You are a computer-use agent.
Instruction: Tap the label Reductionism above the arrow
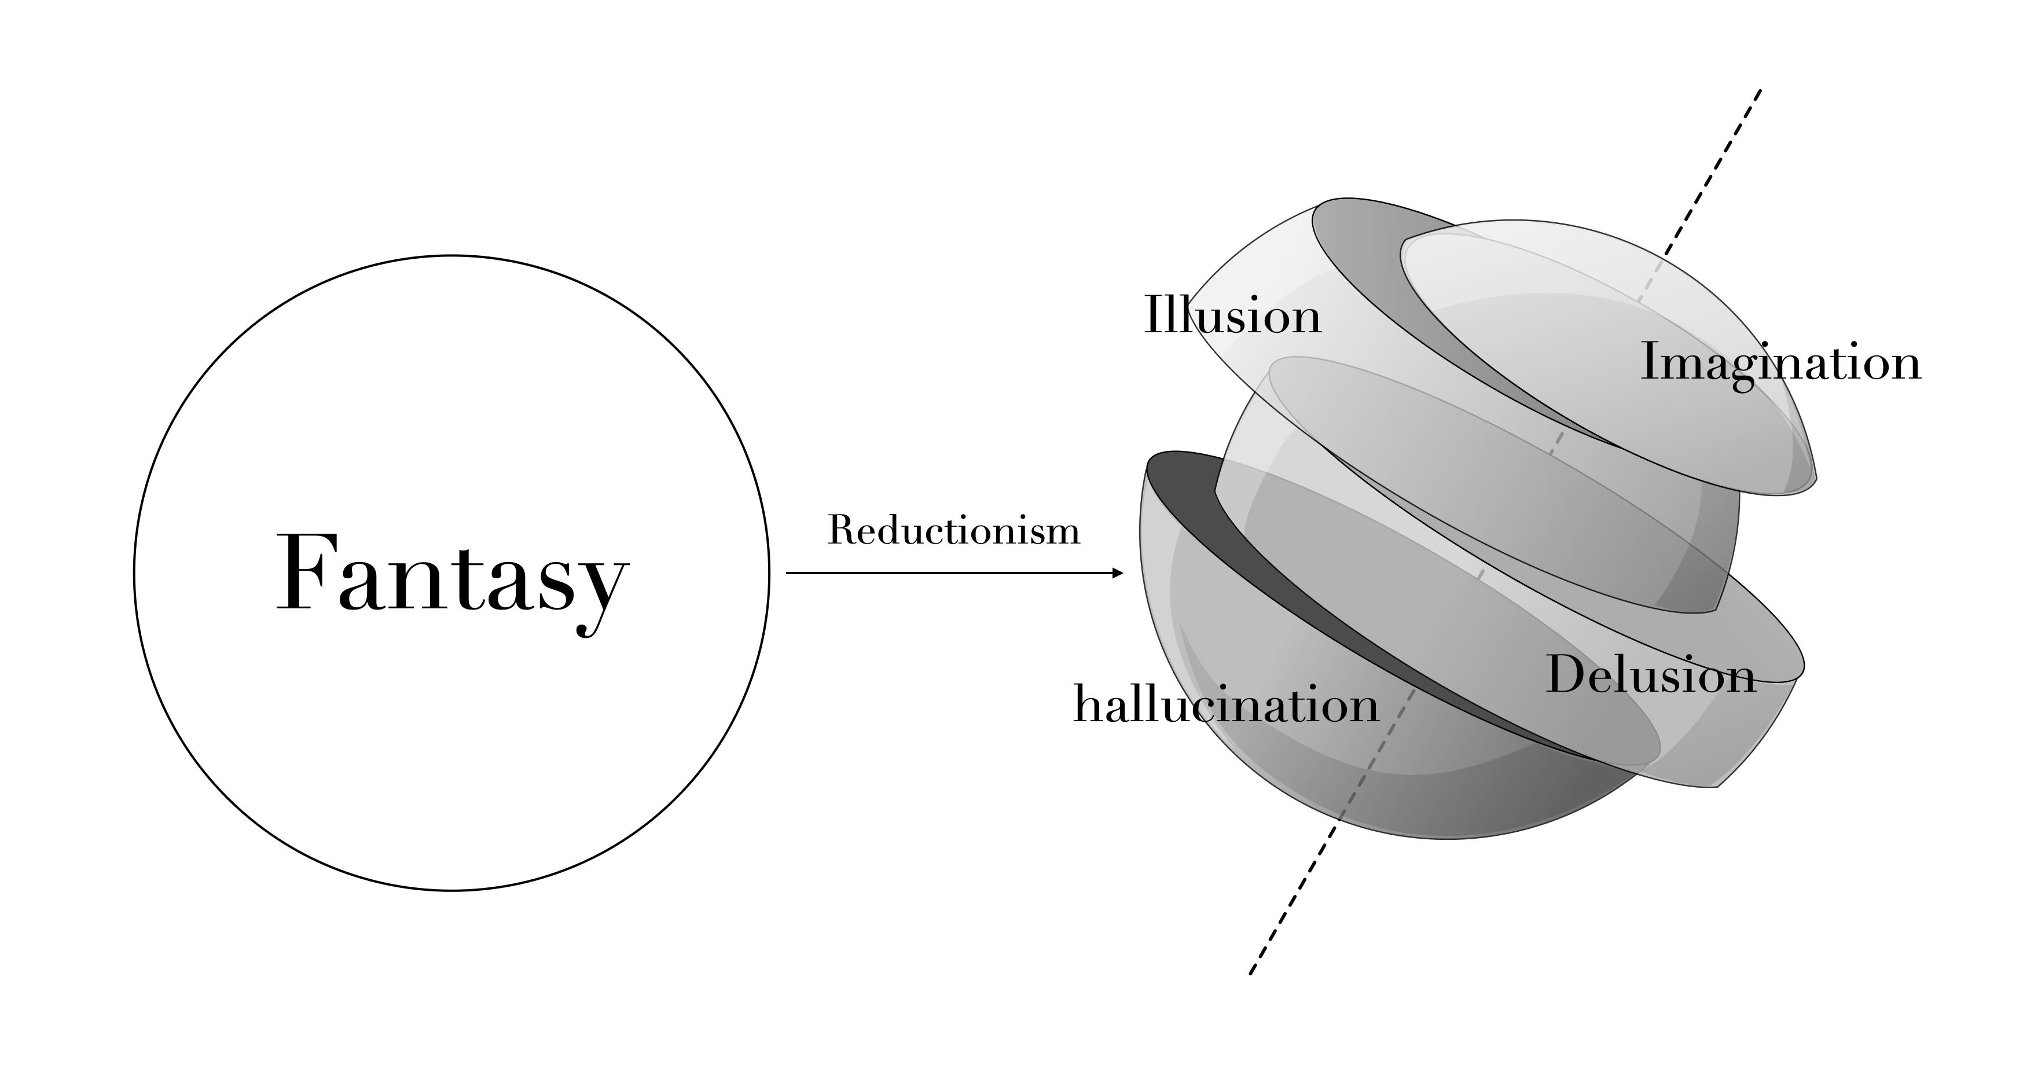pos(953,530)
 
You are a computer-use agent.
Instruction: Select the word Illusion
pos(1232,316)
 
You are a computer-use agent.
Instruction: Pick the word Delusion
pos(1650,675)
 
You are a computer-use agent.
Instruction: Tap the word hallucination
pos(1225,703)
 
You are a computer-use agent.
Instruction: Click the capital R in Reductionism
pos(842,530)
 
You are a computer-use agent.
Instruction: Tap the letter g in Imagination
pos(1750,371)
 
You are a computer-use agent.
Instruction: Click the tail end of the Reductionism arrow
pos(788,573)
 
